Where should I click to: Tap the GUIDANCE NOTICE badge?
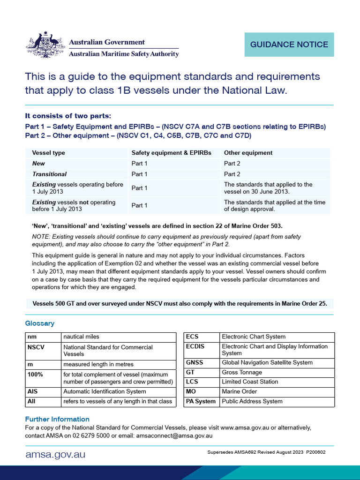coord(289,45)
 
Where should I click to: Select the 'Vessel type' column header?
coord(49,153)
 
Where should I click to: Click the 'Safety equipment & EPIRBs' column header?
coord(172,153)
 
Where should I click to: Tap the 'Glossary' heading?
coord(39,323)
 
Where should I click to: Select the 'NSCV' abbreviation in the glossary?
coord(36,347)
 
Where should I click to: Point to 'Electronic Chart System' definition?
coord(254,337)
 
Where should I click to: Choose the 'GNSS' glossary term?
coord(195,362)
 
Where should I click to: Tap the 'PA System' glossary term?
coord(201,401)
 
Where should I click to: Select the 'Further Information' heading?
coord(57,419)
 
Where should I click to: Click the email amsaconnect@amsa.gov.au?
coord(174,435)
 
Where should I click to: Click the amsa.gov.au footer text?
coord(55,454)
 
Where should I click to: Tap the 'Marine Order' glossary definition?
coord(240,391)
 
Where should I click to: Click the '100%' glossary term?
coord(36,374)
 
